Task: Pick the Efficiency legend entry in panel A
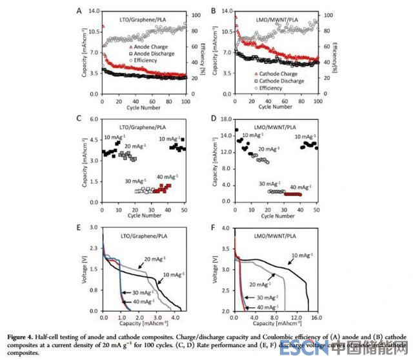(x=146, y=62)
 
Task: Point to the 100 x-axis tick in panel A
(x=186, y=102)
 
